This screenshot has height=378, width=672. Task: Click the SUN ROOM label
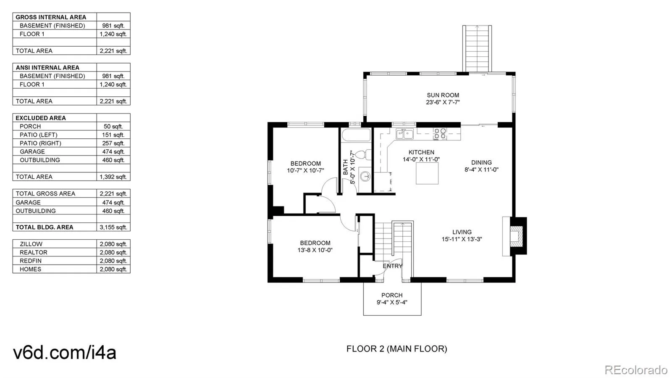443,95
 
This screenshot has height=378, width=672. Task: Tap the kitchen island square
427,173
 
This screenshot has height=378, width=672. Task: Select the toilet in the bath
364,155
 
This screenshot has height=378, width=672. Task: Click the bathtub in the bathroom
356,135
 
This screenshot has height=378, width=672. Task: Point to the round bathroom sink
365,176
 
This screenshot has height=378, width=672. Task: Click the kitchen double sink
404,134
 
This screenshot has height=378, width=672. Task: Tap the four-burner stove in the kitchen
440,134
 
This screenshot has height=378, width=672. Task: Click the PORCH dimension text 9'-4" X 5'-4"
392,302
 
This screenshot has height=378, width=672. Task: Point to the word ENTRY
392,266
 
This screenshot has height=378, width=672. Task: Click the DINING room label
481,162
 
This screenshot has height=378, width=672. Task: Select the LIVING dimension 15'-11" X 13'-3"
462,239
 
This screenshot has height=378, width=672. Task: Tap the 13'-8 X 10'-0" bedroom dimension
315,250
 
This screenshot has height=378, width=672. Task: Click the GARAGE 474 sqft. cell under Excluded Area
113,152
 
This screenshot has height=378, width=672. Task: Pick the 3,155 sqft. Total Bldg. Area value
113,227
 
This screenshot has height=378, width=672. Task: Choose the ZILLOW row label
31,244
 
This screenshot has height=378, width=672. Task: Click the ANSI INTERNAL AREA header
47,68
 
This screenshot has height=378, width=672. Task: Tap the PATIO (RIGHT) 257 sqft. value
113,143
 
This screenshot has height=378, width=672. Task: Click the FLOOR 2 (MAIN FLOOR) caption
396,349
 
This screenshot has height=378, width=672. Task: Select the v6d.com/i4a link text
65,352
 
